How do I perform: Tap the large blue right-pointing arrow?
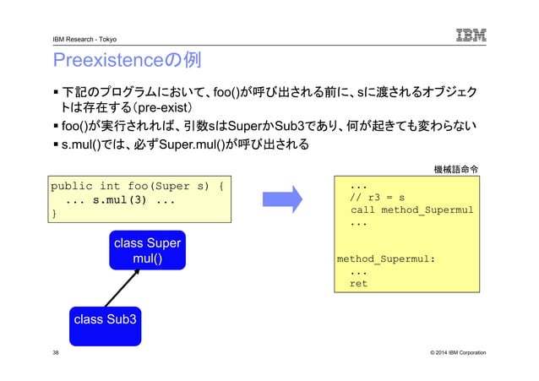287,199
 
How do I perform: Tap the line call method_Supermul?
411,210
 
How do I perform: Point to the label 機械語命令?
456,168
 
